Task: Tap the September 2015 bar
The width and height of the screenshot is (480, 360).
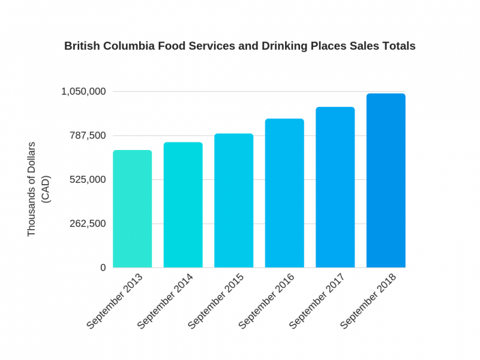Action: point(233,200)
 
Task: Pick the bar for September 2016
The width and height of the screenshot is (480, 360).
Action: point(284,193)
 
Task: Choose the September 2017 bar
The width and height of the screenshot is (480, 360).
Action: point(335,187)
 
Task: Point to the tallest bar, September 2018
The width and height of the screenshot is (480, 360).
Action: point(386,181)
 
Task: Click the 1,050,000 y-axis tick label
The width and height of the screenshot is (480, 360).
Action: point(83,92)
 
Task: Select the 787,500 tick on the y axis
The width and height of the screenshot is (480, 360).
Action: point(88,136)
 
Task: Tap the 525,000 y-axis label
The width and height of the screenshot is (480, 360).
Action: point(88,179)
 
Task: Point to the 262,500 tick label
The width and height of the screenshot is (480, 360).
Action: point(88,224)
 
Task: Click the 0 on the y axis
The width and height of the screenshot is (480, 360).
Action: point(103,268)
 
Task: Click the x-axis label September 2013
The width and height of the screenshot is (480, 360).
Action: point(115,301)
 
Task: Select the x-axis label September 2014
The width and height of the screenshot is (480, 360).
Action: point(166,301)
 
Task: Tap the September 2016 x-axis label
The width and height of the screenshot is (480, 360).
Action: point(268,301)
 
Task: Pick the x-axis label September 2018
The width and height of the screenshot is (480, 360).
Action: point(369,301)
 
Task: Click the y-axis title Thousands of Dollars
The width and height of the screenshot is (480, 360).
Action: point(32,189)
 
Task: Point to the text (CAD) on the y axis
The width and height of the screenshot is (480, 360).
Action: point(46,189)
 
